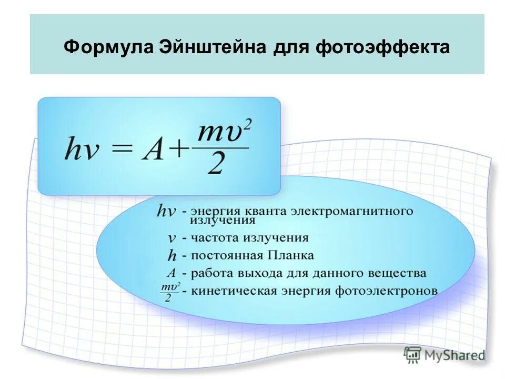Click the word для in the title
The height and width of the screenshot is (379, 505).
tap(291, 47)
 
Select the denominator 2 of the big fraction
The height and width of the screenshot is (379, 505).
tap(217, 166)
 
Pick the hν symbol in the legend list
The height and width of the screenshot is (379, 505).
tap(166, 212)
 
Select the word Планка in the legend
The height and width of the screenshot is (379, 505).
tap(291, 255)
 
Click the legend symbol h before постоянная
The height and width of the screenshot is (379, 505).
tap(171, 256)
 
